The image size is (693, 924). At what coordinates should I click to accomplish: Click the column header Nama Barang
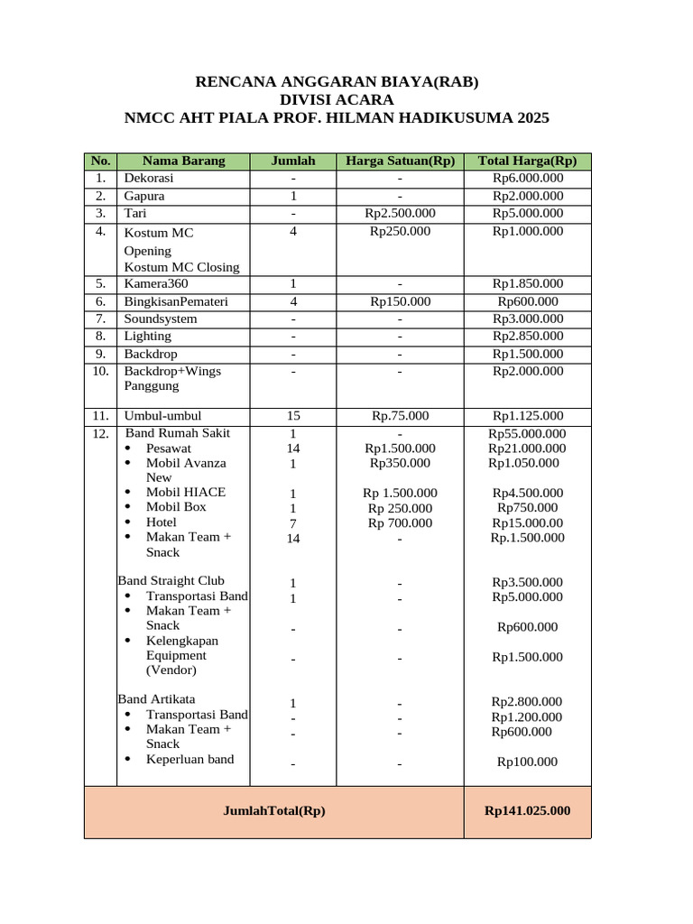[x=183, y=162]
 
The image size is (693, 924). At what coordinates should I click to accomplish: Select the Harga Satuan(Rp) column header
[x=400, y=162]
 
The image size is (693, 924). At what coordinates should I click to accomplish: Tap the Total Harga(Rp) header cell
[x=527, y=162]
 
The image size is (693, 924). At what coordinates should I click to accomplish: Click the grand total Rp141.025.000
[x=527, y=811]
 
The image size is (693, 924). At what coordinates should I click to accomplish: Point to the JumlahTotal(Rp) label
[x=273, y=811]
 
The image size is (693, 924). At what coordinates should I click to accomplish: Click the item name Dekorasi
[x=149, y=179]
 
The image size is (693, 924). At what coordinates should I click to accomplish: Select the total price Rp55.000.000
[x=527, y=434]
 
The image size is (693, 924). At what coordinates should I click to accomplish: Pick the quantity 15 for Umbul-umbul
[x=293, y=416]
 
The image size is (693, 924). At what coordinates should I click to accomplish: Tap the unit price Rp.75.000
[x=400, y=416]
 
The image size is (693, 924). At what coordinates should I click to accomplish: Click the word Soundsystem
[x=161, y=319]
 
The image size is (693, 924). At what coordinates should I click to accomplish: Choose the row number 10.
[x=100, y=371]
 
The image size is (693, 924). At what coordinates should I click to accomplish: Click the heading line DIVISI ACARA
[x=337, y=100]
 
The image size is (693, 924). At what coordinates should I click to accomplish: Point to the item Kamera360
[x=156, y=284]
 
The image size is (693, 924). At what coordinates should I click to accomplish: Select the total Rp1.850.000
[x=527, y=284]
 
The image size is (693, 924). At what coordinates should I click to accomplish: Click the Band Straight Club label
[x=171, y=581]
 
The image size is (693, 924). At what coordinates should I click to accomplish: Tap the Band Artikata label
[x=157, y=699]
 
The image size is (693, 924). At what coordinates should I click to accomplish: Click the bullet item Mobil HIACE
[x=186, y=493]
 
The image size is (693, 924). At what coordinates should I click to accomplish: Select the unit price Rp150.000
[x=400, y=302]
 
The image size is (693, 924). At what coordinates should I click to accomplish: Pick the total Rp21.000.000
[x=527, y=448]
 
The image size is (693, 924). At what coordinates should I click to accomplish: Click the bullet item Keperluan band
[x=189, y=760]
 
